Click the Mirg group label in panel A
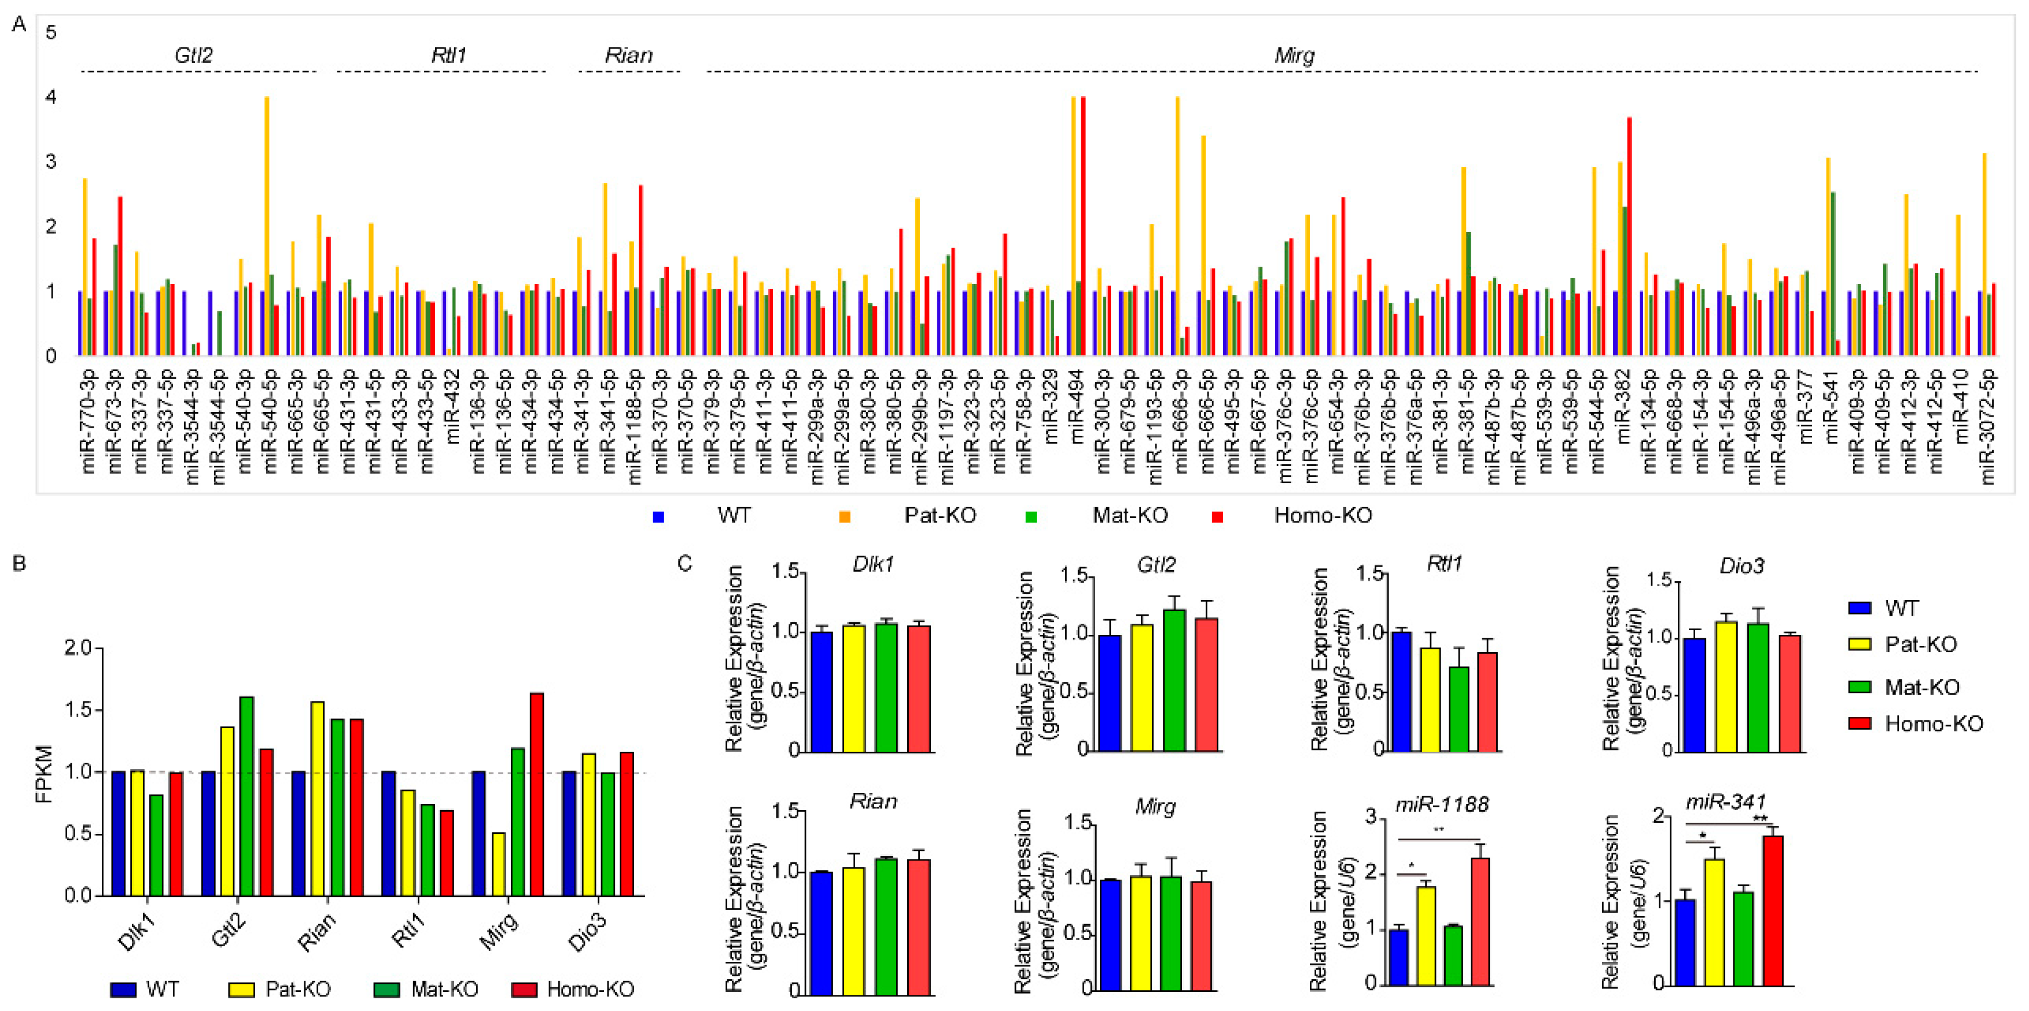pyautogui.click(x=1294, y=55)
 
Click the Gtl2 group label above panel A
pyautogui.click(x=193, y=55)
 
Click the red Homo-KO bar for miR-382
pyautogui.click(x=1629, y=236)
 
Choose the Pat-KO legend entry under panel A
pyautogui.click(x=940, y=516)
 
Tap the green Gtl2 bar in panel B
pyautogui.click(x=246, y=796)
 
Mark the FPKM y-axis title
pyautogui.click(x=44, y=774)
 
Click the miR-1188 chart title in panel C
pyautogui.click(x=1441, y=804)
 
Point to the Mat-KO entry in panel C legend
pyautogui.click(x=1921, y=687)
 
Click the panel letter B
pyautogui.click(x=19, y=564)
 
